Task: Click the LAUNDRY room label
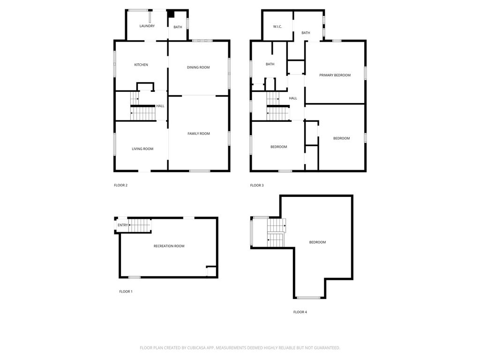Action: pos(147,26)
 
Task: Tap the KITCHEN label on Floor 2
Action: pos(141,65)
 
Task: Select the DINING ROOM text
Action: pos(198,67)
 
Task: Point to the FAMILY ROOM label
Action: pos(199,134)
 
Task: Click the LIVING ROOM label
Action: pos(142,149)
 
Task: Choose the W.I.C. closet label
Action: pos(277,26)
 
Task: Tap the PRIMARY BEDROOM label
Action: pos(335,75)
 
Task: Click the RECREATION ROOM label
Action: pos(169,246)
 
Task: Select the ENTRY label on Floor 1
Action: pos(123,225)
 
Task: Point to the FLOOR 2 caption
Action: pos(121,185)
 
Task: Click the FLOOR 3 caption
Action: pos(257,185)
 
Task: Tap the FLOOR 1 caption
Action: pos(126,292)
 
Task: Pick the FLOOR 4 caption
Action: pos(300,312)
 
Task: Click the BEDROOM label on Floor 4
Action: pos(317,242)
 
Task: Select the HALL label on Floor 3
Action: pos(293,98)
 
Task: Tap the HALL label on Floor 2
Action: pos(160,106)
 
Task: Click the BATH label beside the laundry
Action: pos(178,27)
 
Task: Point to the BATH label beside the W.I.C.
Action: pos(306,33)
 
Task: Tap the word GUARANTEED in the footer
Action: pos(324,348)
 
